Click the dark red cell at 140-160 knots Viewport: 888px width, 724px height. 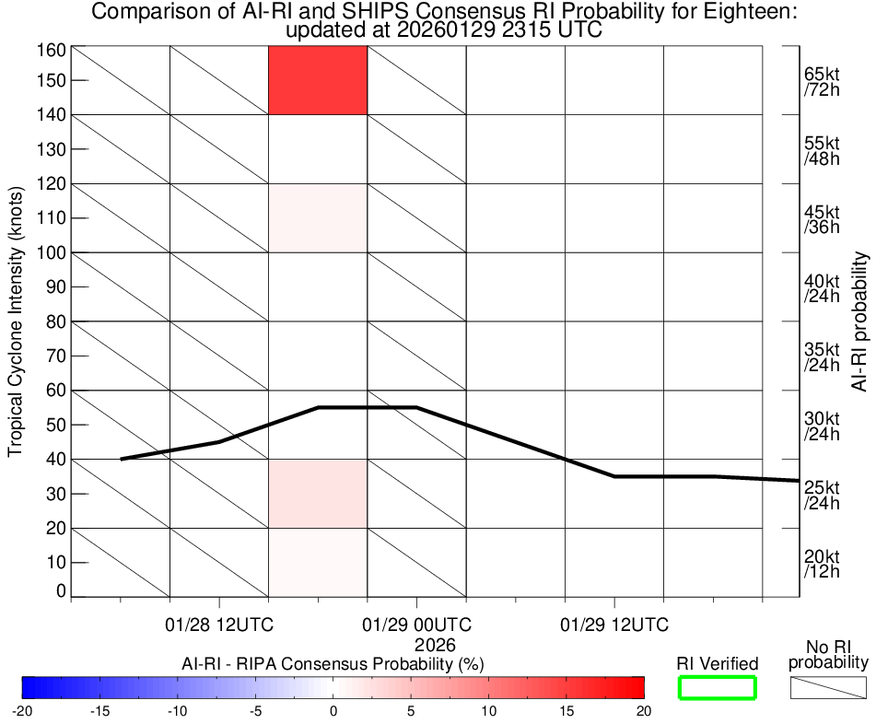click(x=318, y=80)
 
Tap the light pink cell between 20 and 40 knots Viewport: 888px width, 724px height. click(x=318, y=494)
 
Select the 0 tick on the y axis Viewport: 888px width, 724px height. click(x=61, y=590)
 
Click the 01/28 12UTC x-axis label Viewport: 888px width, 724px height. click(x=220, y=625)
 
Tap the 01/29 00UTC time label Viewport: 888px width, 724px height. click(x=417, y=625)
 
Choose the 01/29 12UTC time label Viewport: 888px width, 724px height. click(x=614, y=625)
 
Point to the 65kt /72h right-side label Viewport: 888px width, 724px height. click(x=822, y=82)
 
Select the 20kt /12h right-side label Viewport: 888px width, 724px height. click(x=822, y=564)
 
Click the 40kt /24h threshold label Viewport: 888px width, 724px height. click(x=822, y=288)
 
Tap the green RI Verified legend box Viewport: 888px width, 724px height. click(x=718, y=687)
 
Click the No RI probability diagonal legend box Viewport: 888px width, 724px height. click(x=828, y=687)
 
